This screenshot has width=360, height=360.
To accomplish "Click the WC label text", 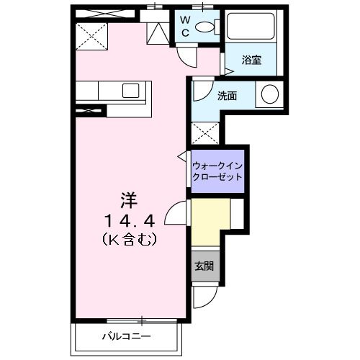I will [184, 26].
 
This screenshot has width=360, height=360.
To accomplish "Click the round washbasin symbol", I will [269, 94].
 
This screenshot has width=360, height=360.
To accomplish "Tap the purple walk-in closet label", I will [217, 171].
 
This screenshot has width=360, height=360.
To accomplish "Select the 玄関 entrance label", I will [202, 265].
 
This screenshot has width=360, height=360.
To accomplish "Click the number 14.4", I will [129, 217].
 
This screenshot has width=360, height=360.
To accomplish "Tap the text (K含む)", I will [130, 237].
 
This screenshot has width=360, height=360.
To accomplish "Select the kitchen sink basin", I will [132, 91].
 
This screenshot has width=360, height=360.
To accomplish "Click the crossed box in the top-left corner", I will [92, 34].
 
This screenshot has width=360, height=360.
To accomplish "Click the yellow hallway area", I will [211, 222].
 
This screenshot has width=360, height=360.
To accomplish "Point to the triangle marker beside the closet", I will [181, 156].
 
